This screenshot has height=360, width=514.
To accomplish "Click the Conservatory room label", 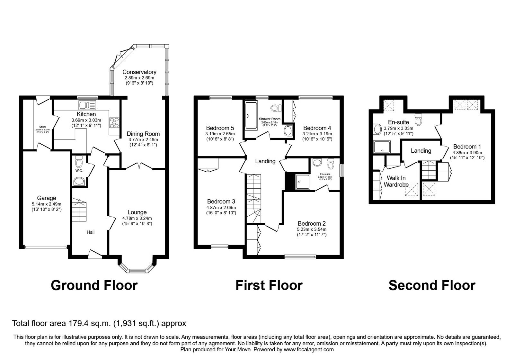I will (139, 72).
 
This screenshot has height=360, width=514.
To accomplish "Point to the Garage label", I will (46, 198).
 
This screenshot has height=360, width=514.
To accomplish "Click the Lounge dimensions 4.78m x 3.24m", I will (137, 218).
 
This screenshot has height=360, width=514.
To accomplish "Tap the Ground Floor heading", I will (94, 285).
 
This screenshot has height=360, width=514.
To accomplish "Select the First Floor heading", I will (269, 285).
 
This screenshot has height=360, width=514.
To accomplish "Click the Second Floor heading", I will (432, 285).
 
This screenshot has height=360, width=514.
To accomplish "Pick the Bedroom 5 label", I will (220, 128).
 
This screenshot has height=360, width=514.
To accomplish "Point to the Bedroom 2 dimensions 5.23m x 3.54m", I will (312, 229).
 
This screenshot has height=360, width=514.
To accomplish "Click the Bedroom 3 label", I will (221, 202).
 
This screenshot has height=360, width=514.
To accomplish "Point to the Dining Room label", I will (143, 134).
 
